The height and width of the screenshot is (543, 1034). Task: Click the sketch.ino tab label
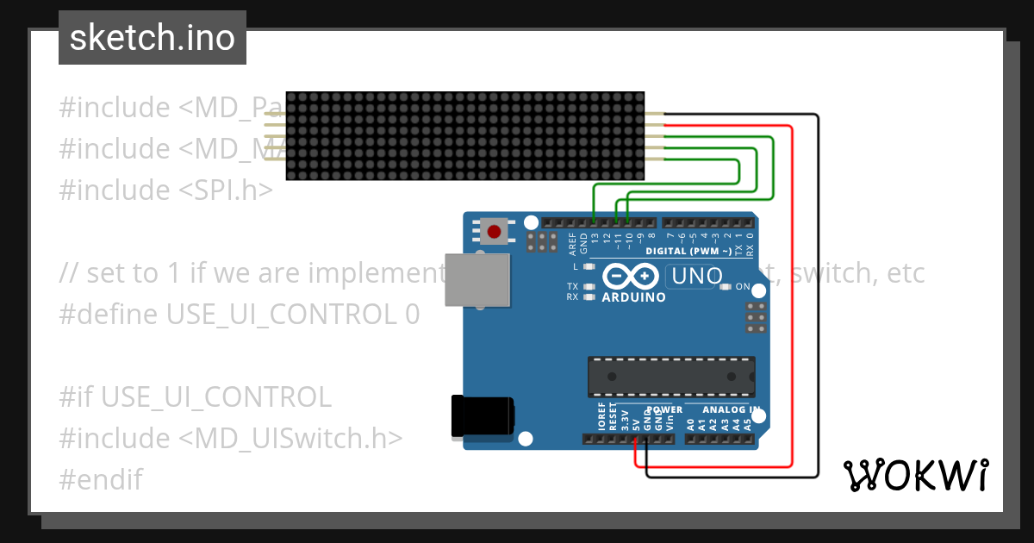tap(153, 38)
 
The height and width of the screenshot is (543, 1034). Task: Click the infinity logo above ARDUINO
tap(634, 276)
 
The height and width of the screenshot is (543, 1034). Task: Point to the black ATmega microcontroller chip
tap(671, 377)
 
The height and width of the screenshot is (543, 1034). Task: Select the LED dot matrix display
tap(465, 136)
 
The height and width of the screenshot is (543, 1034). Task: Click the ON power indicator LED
tap(726, 286)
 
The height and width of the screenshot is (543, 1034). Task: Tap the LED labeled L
tap(590, 266)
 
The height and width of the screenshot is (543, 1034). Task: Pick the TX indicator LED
tap(590, 286)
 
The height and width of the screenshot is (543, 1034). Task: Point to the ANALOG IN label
tap(732, 410)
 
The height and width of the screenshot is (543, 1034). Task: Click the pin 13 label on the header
tap(595, 237)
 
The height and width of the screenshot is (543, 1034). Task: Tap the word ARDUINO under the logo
tap(633, 297)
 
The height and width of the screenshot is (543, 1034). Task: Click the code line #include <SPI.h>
tap(165, 190)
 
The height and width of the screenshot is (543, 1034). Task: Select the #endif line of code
tap(101, 479)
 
